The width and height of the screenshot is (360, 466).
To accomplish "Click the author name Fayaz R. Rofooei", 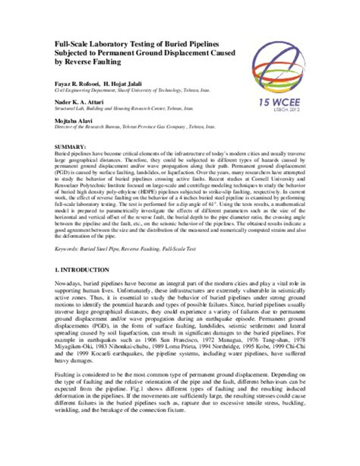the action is [x=77, y=79].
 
